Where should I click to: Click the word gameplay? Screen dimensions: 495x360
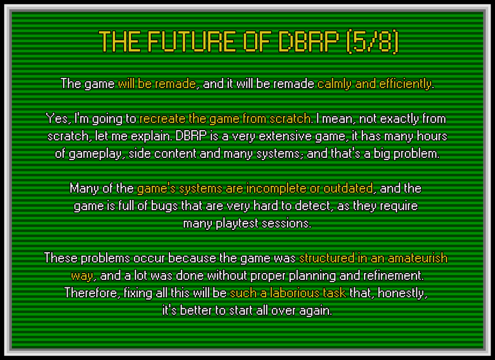coord(95,154)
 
